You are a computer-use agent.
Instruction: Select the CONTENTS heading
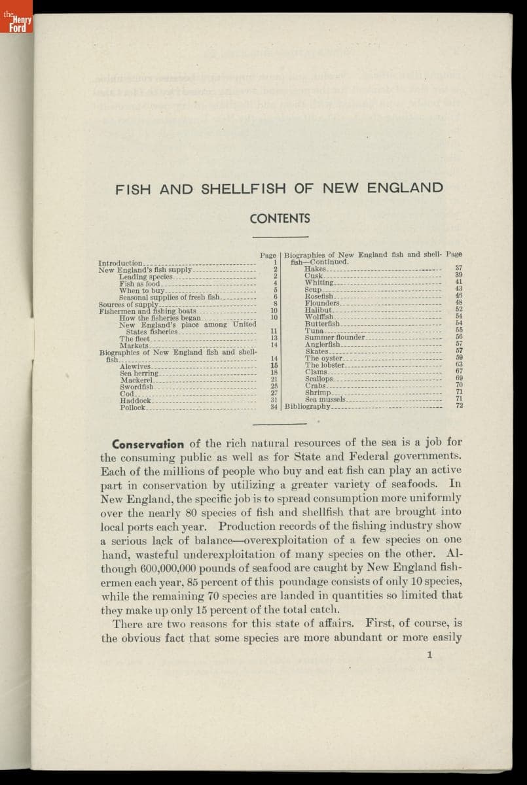click(x=280, y=218)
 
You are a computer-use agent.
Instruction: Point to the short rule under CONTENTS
click(x=280, y=236)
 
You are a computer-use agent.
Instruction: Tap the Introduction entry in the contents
click(x=120, y=263)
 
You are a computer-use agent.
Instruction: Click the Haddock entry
click(x=136, y=400)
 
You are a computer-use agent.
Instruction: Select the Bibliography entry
click(x=308, y=406)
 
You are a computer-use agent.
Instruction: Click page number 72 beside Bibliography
click(x=460, y=406)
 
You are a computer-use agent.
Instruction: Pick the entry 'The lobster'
click(x=324, y=365)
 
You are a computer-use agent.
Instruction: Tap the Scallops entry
click(x=319, y=379)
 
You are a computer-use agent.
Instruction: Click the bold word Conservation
click(x=148, y=444)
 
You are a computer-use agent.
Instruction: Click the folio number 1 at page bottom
click(x=429, y=654)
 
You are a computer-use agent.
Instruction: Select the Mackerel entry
click(x=137, y=380)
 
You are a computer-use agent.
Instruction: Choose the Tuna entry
click(x=314, y=330)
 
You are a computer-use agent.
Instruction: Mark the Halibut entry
click(x=319, y=309)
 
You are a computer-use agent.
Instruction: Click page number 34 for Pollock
click(x=274, y=407)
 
